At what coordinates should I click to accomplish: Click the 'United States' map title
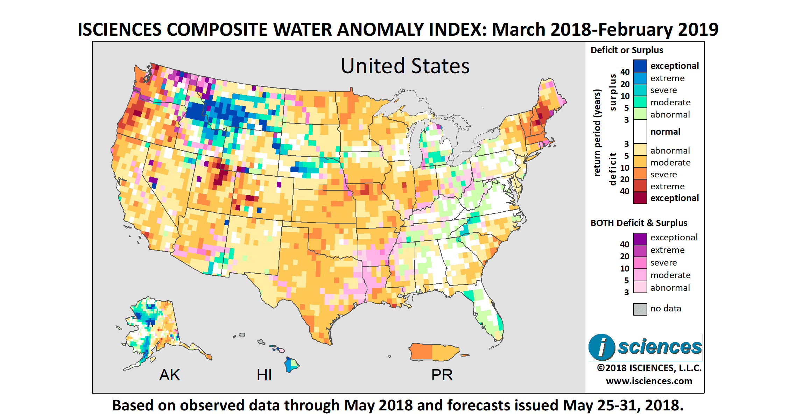[405, 66]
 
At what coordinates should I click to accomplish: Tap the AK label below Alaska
[169, 375]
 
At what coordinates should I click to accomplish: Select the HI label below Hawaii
[264, 375]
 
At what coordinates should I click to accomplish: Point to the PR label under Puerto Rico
[442, 375]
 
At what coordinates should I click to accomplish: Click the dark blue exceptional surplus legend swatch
[640, 66]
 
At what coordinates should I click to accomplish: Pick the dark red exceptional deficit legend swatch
[640, 198]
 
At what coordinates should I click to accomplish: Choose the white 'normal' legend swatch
[640, 132]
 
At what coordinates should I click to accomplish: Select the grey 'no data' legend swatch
[640, 309]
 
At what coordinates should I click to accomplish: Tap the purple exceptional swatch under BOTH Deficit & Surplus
[640, 239]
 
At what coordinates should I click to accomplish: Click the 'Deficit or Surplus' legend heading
[627, 50]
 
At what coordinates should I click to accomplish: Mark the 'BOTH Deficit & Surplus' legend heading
[639, 223]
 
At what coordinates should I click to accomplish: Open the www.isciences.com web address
[649, 381]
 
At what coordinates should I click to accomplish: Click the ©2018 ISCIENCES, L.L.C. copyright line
[649, 368]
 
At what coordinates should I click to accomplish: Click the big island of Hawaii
[291, 365]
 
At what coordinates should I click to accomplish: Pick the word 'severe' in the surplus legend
[663, 90]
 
